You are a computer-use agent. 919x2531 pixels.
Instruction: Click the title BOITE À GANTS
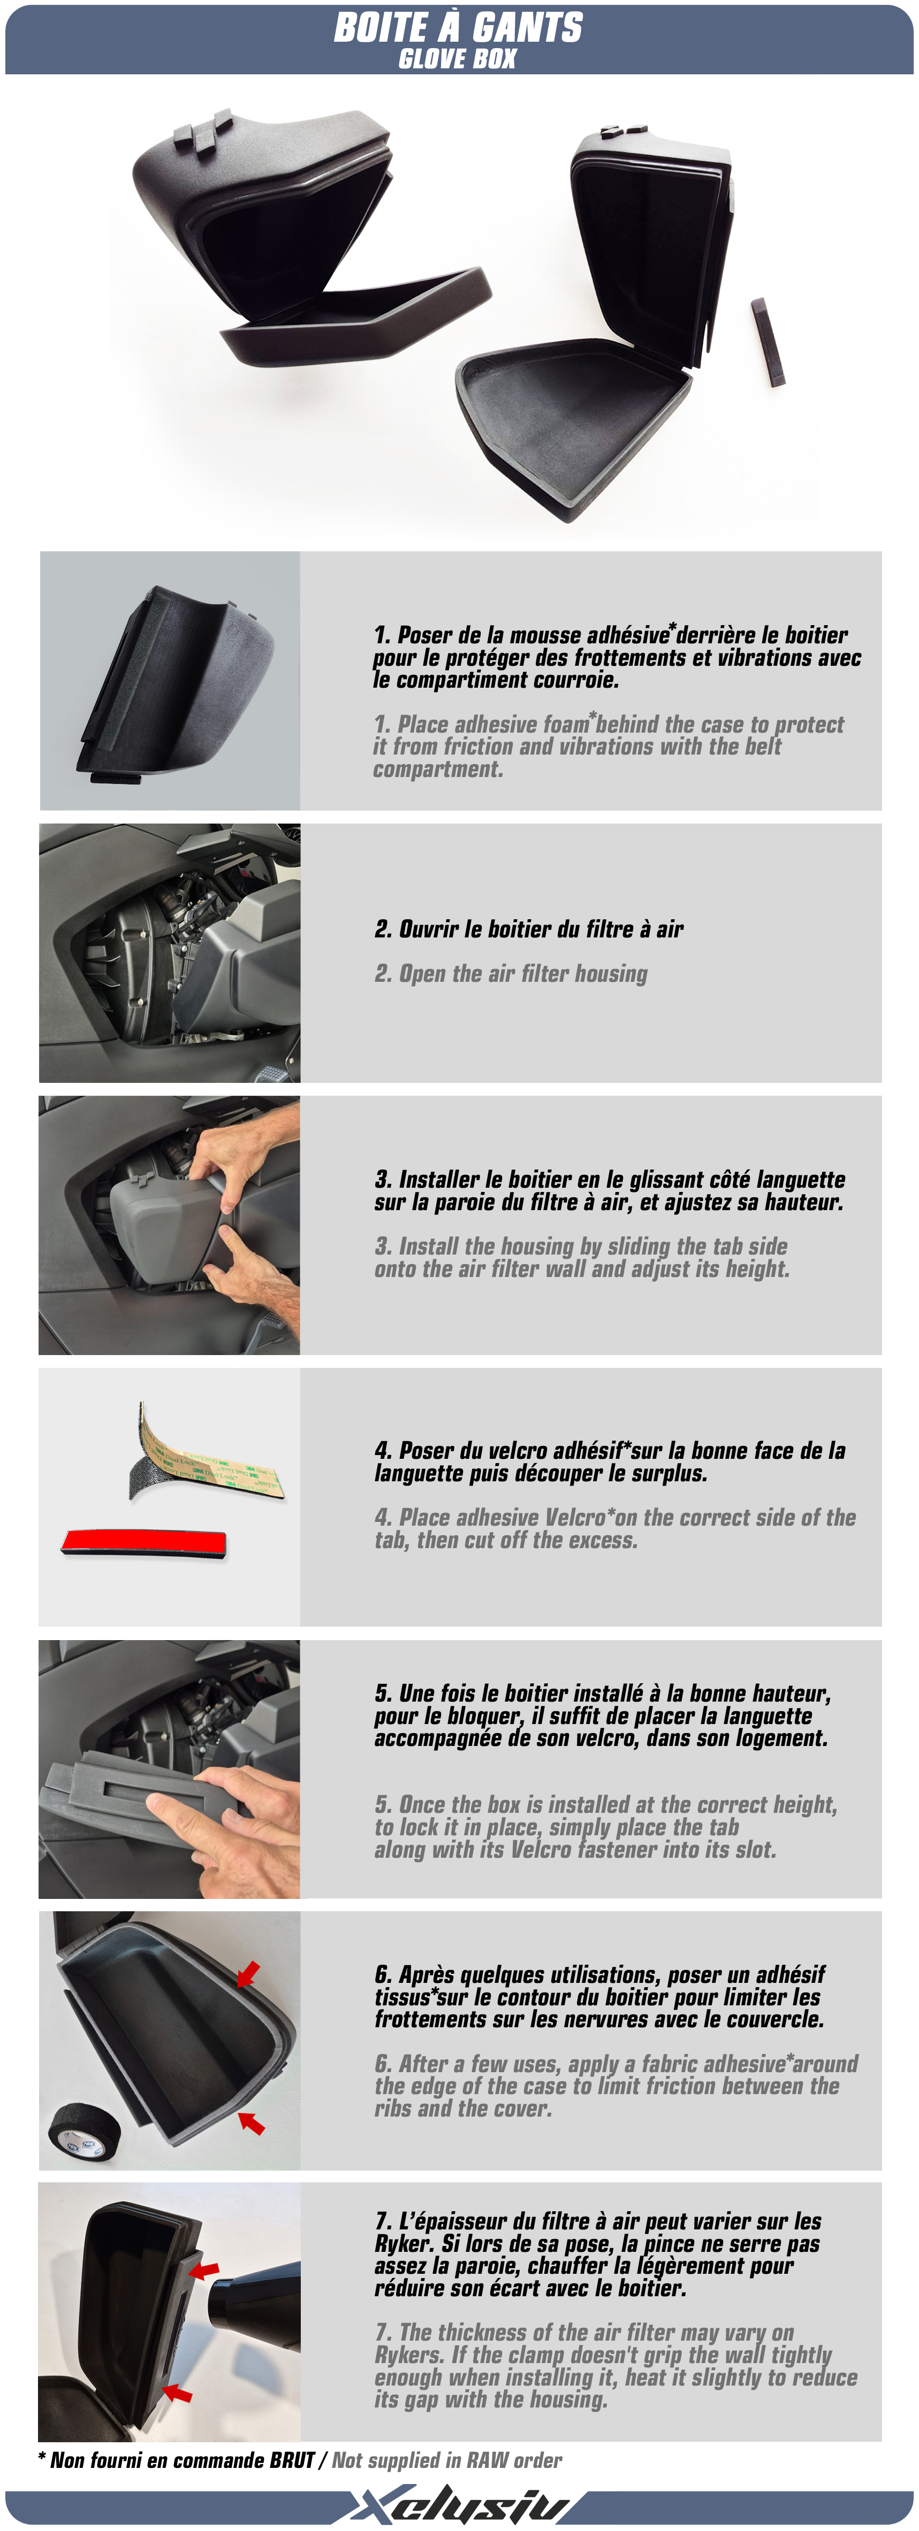pyautogui.click(x=458, y=27)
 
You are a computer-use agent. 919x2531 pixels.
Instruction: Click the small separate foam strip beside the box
pyautogui.click(x=768, y=342)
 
